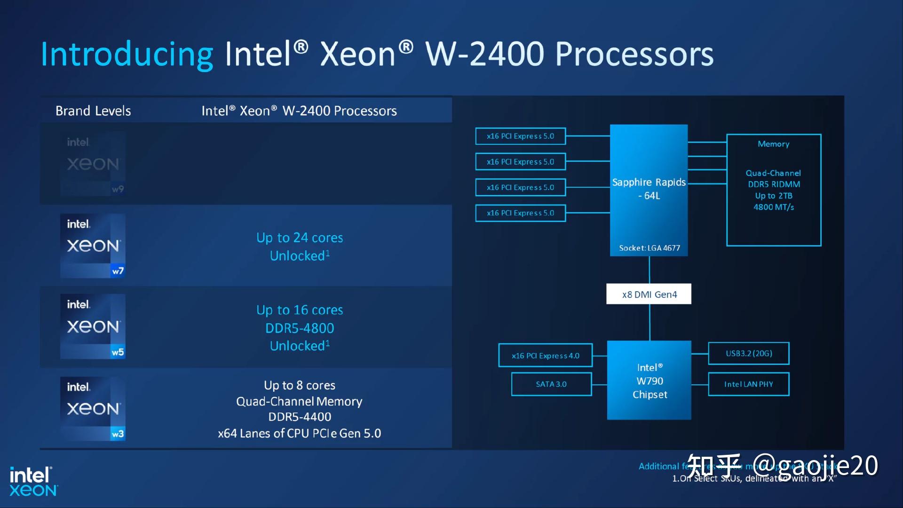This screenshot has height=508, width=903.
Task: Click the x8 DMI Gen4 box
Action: [x=649, y=294]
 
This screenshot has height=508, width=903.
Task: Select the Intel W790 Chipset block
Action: [x=649, y=380]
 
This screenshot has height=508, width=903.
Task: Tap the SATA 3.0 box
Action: [x=551, y=384]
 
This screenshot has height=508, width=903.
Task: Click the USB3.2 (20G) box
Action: [x=749, y=353]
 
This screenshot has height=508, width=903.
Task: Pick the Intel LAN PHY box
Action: [x=749, y=384]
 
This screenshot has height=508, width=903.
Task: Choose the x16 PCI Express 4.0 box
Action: [x=546, y=356]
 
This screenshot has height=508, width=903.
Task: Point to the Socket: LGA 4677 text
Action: [x=649, y=248]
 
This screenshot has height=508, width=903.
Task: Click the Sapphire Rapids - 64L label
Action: [x=649, y=188]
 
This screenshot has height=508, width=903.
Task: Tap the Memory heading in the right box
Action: [x=773, y=144]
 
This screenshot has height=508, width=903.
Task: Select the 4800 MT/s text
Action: [x=773, y=207]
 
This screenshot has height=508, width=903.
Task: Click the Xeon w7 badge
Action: [x=93, y=246]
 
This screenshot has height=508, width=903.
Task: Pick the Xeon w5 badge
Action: [x=93, y=326]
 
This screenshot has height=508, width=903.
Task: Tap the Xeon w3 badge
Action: [x=93, y=408]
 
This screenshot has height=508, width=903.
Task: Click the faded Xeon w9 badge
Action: [x=93, y=164]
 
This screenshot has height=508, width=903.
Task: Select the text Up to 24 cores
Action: [x=300, y=238]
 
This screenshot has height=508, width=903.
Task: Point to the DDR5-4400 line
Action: [x=300, y=417]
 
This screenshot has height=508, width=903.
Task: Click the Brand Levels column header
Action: [x=93, y=111]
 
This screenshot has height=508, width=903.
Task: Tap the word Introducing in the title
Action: [x=127, y=54]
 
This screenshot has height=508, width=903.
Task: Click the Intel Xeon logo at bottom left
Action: [x=33, y=481]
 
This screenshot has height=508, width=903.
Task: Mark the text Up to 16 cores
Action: [x=300, y=310]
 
